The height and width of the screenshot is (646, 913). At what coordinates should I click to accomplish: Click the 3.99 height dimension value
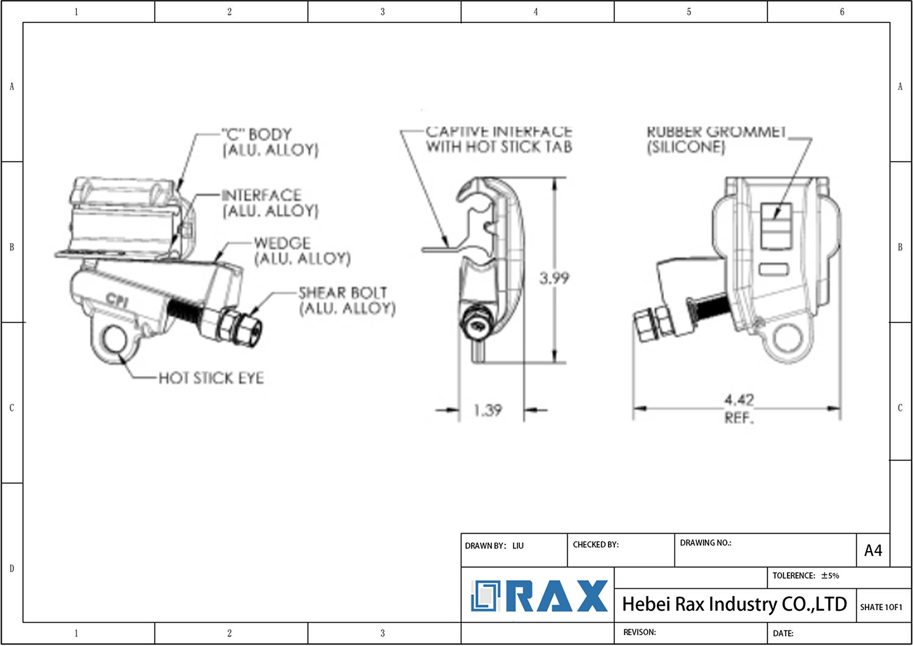(554, 279)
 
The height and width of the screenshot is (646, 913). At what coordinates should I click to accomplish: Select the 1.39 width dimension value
(488, 411)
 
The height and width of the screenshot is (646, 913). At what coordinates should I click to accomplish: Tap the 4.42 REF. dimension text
(738, 408)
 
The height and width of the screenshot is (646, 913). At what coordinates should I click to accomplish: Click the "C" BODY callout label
(269, 142)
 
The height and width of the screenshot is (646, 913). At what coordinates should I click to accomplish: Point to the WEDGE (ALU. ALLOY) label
(302, 251)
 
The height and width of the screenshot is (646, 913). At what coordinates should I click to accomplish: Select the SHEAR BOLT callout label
(346, 300)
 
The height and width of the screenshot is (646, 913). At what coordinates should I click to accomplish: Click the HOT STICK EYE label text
(211, 378)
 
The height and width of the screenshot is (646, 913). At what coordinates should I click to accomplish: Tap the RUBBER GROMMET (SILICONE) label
(716, 139)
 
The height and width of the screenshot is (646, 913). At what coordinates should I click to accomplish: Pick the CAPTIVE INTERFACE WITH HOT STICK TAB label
(498, 139)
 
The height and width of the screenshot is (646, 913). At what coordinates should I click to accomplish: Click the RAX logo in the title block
(539, 596)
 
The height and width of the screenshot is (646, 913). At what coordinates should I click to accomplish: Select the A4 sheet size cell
(873, 550)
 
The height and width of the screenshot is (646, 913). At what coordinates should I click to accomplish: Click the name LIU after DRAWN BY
(518, 546)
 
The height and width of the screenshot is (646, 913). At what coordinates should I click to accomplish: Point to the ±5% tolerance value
(830, 575)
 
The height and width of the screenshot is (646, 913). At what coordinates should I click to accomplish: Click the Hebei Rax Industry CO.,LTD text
(734, 604)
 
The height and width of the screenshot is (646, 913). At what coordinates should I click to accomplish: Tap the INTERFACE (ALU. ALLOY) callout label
(270, 203)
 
